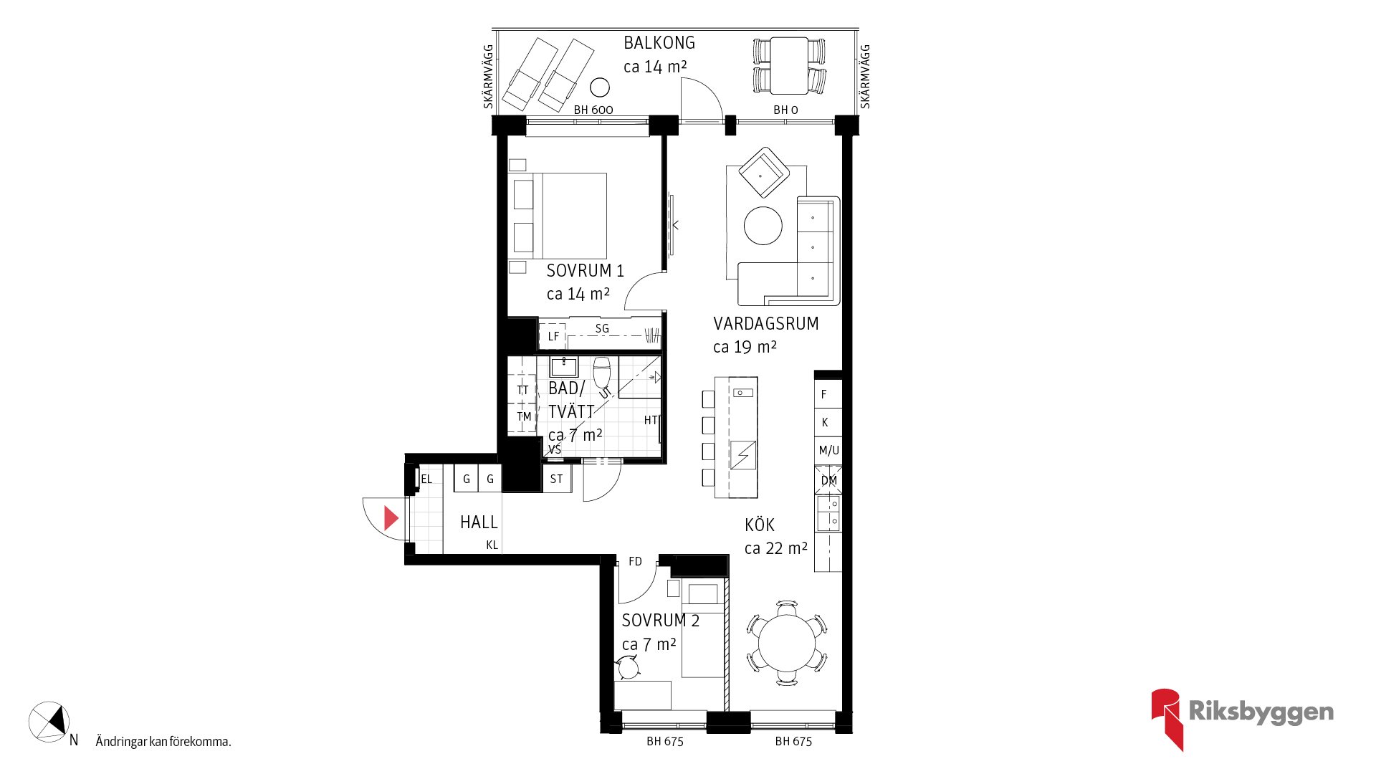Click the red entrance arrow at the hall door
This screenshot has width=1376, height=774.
click(391, 518)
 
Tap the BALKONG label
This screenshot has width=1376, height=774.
click(659, 43)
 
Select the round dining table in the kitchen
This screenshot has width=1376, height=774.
click(787, 642)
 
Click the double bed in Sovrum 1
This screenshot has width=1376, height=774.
click(558, 216)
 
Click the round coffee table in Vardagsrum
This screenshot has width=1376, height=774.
click(763, 226)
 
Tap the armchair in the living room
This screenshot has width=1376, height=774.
click(764, 172)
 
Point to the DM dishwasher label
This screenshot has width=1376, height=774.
click(829, 480)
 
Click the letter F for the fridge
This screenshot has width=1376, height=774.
click(824, 394)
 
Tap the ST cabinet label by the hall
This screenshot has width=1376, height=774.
click(557, 479)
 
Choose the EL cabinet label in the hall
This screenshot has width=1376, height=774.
click(426, 479)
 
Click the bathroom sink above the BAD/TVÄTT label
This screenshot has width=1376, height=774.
click(564, 367)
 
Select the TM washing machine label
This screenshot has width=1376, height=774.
click(525, 417)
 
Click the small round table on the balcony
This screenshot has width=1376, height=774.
click(600, 87)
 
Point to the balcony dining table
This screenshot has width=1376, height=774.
click(789, 65)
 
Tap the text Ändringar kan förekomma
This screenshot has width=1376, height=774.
click(163, 742)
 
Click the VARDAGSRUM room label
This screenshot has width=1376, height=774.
click(766, 324)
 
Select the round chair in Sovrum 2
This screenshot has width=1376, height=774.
click(629, 668)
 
